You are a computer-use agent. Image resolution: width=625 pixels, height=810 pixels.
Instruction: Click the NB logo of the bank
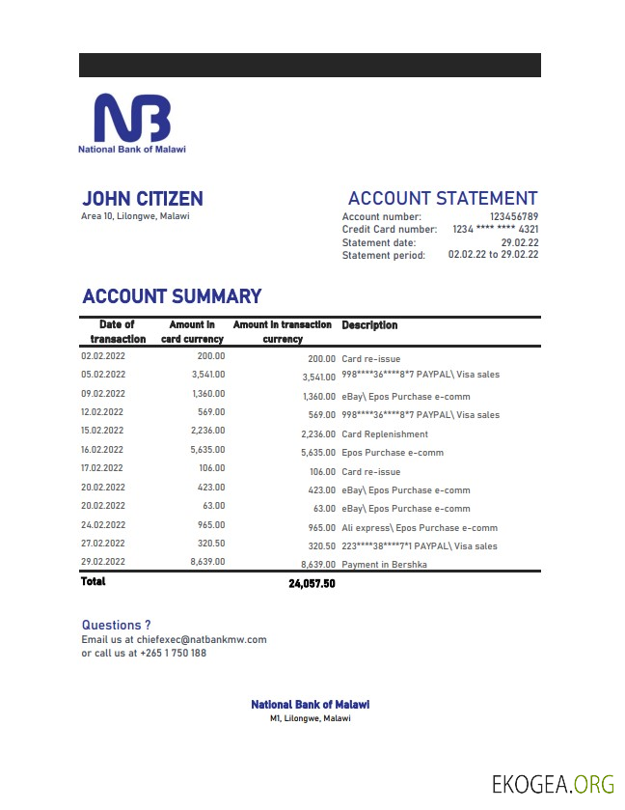[x=131, y=118]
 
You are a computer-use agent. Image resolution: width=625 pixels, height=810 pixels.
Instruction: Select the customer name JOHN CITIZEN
[x=143, y=199]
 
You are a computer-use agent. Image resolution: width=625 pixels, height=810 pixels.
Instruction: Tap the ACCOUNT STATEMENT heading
[x=443, y=199]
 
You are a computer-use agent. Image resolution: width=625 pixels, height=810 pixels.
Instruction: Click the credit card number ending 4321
[x=495, y=230]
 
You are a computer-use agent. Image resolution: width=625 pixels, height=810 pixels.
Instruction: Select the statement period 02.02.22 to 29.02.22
[x=493, y=255]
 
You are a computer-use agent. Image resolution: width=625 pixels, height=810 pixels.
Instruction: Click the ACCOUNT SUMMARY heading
[x=172, y=296]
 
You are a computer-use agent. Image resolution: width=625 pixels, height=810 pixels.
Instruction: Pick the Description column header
[x=369, y=325]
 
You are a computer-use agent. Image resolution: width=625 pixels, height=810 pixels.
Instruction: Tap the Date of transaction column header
[x=118, y=331]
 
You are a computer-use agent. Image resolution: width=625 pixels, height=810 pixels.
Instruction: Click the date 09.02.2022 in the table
[x=103, y=394]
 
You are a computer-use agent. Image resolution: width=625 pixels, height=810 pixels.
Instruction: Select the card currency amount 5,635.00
[x=207, y=449]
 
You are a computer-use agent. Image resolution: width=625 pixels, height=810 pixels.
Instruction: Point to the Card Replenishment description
[x=385, y=434]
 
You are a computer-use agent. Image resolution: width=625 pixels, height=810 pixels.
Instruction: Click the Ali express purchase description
[x=420, y=528]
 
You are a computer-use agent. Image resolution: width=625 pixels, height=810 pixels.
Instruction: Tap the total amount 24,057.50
[x=312, y=584]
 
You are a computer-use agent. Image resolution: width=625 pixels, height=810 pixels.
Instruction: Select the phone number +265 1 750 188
[x=173, y=653]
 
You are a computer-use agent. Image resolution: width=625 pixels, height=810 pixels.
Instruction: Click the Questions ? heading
[x=116, y=625]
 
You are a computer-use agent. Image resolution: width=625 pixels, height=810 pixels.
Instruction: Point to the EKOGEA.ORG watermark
[x=552, y=783]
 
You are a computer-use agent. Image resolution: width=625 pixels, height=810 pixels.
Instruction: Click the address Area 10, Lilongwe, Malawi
[x=135, y=216]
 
